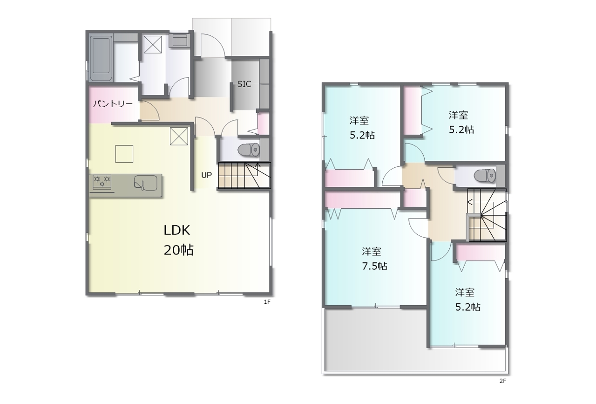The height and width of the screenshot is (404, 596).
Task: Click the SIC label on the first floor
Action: (244, 84)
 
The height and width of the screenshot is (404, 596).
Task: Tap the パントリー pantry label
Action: (113, 103)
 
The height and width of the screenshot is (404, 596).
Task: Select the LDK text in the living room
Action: (177, 230)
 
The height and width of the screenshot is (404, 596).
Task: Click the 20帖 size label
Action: (178, 250)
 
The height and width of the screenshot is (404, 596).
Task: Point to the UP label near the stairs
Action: (206, 175)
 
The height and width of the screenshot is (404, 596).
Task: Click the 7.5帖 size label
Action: (375, 266)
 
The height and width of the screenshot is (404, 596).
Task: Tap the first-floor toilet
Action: (248, 150)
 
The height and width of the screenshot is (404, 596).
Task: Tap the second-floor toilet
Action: (485, 176)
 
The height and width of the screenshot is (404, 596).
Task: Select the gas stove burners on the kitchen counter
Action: (102, 181)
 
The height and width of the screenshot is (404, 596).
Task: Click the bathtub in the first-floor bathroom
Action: (101, 58)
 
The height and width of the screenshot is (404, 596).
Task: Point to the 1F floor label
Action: (267, 302)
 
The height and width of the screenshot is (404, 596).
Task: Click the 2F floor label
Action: (502, 381)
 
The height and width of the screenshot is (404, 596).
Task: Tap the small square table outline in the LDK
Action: (124, 154)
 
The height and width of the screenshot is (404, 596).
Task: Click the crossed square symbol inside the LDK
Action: (179, 137)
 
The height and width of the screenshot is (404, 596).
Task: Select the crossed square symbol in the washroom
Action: (153, 45)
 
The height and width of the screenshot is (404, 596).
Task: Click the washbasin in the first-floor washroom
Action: (180, 41)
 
